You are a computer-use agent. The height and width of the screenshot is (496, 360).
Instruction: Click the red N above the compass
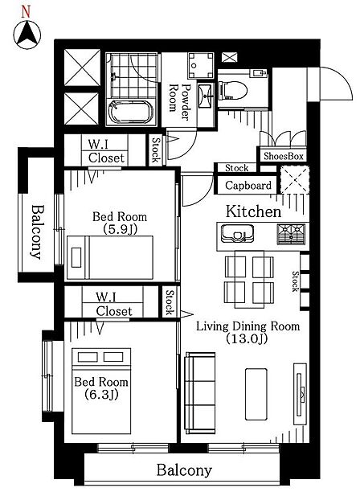26,12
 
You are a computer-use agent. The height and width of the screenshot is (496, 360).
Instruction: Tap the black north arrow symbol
27,35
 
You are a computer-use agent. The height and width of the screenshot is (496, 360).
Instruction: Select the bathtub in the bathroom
130,112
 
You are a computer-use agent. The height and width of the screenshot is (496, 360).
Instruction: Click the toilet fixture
232,91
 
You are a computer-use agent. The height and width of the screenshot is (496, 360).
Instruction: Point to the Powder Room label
179,101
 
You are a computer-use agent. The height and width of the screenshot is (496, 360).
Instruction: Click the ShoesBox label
284,156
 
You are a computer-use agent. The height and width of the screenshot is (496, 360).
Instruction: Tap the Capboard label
248,185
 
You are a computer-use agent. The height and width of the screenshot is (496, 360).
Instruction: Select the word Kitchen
253,211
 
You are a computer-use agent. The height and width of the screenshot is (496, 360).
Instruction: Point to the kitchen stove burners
291,234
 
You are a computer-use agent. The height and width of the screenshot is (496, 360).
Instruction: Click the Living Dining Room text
247,326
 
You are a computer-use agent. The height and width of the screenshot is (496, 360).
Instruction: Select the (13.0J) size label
247,338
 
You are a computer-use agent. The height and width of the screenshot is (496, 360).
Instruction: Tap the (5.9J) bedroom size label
120,229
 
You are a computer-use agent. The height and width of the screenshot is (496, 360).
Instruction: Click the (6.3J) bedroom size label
101,395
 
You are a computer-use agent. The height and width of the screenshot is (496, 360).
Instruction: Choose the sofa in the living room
200,393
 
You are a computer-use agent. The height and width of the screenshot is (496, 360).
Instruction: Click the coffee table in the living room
256,394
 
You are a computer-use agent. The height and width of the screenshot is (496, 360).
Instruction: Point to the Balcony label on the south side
184,470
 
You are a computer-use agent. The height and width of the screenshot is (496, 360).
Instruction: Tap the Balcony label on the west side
37,232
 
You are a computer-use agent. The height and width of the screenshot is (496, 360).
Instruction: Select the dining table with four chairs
249,280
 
